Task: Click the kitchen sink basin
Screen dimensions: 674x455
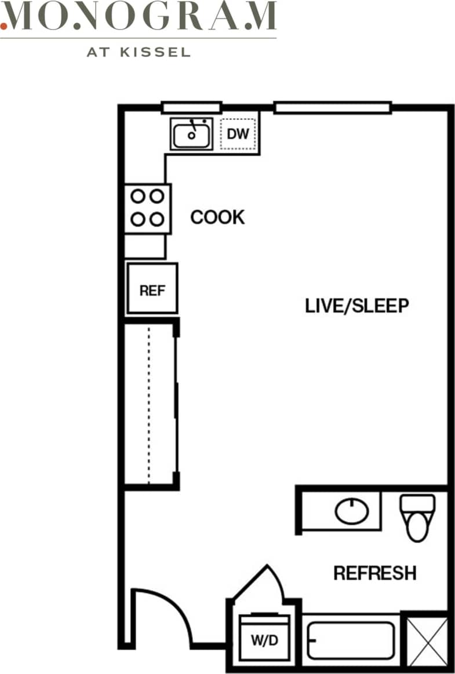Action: coord(191,135)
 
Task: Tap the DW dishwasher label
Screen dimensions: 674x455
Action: coord(238,134)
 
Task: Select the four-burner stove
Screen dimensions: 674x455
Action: coord(147,208)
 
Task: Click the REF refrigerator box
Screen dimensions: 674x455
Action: coord(152,289)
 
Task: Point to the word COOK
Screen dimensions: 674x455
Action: coord(217,218)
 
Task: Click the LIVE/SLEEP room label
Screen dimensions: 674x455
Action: coord(357,306)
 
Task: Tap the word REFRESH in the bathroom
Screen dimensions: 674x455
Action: coord(374,573)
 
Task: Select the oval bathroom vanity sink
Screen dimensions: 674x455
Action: coord(351,511)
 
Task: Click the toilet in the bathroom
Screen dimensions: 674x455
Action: coord(417,517)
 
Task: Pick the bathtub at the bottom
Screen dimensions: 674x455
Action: coord(351,640)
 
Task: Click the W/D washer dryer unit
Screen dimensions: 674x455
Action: coord(264,637)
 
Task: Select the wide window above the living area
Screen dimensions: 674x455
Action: coord(332,108)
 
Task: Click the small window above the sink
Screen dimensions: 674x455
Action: coord(191,108)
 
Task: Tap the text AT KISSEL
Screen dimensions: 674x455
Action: coord(139,52)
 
